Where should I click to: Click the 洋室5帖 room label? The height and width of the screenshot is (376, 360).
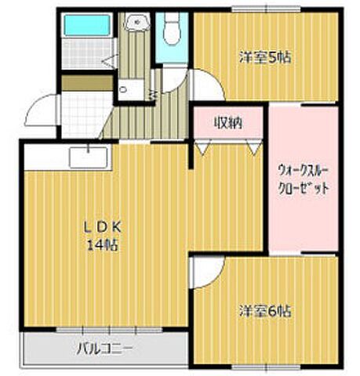pos(265,57)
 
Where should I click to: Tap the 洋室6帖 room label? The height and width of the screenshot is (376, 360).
pos(265,311)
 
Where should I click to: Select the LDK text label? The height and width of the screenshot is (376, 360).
pos(102,228)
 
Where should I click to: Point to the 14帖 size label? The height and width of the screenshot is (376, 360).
pos(102,245)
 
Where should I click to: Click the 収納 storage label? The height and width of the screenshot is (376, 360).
pos(228,123)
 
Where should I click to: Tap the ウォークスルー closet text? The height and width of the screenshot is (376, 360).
pos(303,172)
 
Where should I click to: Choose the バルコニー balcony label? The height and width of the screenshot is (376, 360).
pos(105,349)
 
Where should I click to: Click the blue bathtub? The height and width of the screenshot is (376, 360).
pos(87,25)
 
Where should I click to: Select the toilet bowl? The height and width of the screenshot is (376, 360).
pos(172,29)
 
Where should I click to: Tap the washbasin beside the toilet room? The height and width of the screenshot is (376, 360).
pos(137,22)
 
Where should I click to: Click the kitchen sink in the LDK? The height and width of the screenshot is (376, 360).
pos(89,157)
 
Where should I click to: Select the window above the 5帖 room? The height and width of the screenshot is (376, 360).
pos(266,10)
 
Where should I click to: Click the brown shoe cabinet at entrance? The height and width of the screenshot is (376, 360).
pos(87,83)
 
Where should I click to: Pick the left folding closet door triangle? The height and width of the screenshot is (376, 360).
pos(203,146)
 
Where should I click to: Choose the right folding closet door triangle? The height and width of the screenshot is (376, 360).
pos(253,146)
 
